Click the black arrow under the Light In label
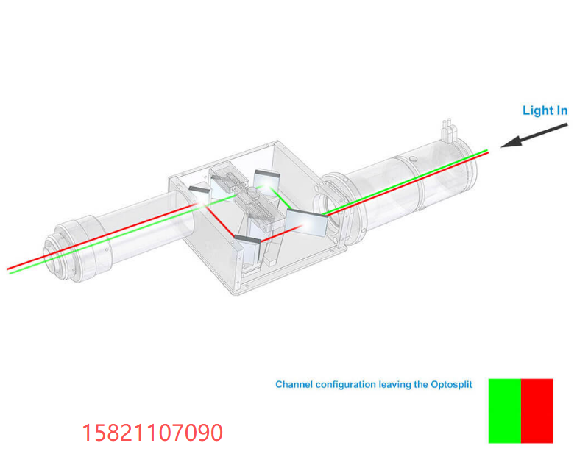point(534,135)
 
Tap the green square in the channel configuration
point(505,411)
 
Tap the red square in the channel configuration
point(537,411)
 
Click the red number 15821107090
point(152,433)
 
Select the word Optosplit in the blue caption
point(452,384)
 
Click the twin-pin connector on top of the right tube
point(449,131)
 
